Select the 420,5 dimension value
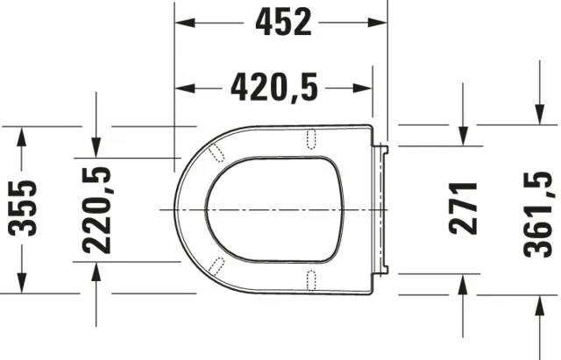(273, 87)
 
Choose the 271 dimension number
(463, 208)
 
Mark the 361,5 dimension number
(537, 210)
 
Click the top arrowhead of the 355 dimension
(24, 131)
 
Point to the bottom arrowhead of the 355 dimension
(24, 286)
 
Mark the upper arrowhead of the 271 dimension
(463, 116)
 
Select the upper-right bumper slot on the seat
(310, 137)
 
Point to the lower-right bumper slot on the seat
(310, 280)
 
